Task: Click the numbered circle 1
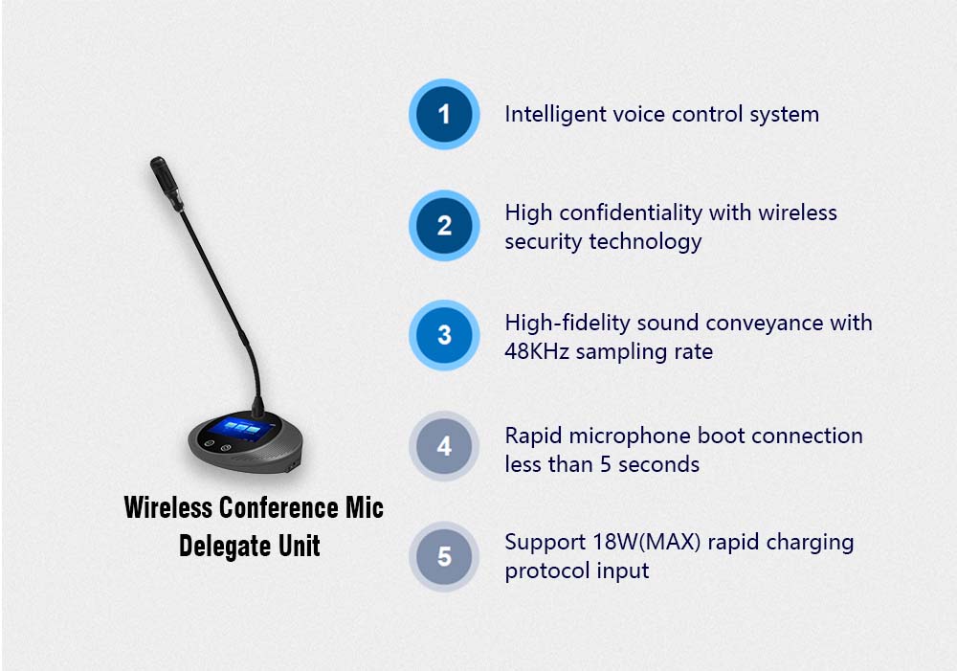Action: [444, 115]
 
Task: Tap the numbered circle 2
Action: [444, 226]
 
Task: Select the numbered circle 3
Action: [444, 336]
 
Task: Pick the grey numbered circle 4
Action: [444, 446]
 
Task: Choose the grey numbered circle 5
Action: [444, 556]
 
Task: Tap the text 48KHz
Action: [536, 351]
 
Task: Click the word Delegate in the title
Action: [218, 547]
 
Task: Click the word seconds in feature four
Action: [658, 465]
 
